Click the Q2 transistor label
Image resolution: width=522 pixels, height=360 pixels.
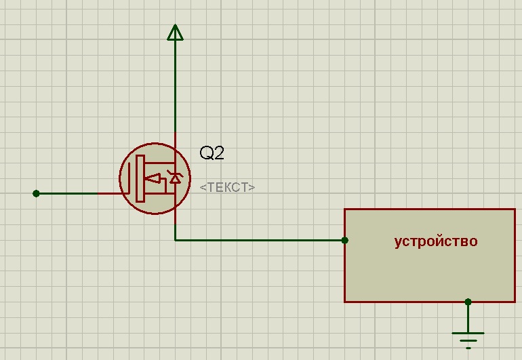pos(212,153)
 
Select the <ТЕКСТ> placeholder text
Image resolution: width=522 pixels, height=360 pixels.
pos(227,187)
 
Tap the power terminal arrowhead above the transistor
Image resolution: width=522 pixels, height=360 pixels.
pos(175,33)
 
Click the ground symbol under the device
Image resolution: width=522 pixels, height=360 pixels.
pos(468,340)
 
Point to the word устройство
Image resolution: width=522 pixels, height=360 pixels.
pos(436,241)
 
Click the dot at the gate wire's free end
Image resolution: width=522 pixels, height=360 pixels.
pos(37,193)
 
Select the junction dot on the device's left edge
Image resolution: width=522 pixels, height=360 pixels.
pos(345,240)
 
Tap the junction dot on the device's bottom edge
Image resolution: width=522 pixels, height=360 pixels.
pos(468,302)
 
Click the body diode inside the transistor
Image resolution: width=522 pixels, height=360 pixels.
pos(175,177)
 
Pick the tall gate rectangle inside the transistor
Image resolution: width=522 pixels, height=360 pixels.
pos(140,178)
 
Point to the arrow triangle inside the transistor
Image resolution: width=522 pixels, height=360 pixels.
pos(153,179)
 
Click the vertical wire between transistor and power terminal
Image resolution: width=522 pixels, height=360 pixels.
pos(175,86)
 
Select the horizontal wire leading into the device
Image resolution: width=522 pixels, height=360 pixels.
pos(260,240)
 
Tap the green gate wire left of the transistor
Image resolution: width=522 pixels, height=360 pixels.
pos(67,193)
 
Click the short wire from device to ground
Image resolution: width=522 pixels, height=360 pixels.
pos(468,317)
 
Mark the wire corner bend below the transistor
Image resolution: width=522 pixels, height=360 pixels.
pos(175,240)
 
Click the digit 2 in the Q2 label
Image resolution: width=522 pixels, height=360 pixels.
pos(219,153)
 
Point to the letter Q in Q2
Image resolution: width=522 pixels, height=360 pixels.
pos(205,153)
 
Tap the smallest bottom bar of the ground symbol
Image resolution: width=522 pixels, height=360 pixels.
pos(468,348)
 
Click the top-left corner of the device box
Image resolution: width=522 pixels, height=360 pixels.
pos(344,209)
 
